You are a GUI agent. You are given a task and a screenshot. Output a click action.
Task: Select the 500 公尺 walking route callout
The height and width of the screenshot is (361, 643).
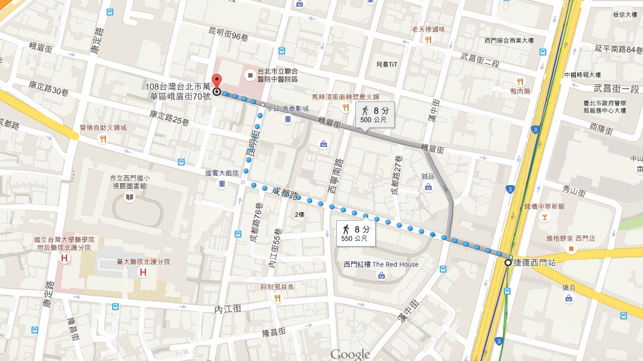tap(374, 115)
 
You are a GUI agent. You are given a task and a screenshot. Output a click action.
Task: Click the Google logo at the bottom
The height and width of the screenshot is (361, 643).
tap(350, 354)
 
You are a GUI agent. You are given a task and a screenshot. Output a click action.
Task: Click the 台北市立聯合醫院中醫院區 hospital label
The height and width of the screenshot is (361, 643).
tap(277, 75)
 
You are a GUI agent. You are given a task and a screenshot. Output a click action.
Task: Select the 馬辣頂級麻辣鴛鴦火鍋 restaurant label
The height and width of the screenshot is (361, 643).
tap(345, 97)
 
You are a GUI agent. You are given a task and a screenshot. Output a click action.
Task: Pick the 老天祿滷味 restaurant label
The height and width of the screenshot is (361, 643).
tap(428, 29)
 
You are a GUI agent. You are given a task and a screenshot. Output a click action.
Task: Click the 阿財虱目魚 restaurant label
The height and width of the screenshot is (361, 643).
tap(277, 287)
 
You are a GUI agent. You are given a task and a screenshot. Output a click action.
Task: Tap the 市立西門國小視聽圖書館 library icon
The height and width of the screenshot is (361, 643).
tap(129, 197)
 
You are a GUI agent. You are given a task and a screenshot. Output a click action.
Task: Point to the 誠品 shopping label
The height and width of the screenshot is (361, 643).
tap(427, 177)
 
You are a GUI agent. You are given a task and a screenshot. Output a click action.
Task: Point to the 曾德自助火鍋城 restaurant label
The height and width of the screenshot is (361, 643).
tap(103, 127)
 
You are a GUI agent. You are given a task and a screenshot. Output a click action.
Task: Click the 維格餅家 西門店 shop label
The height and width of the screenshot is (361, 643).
tap(571, 238)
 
